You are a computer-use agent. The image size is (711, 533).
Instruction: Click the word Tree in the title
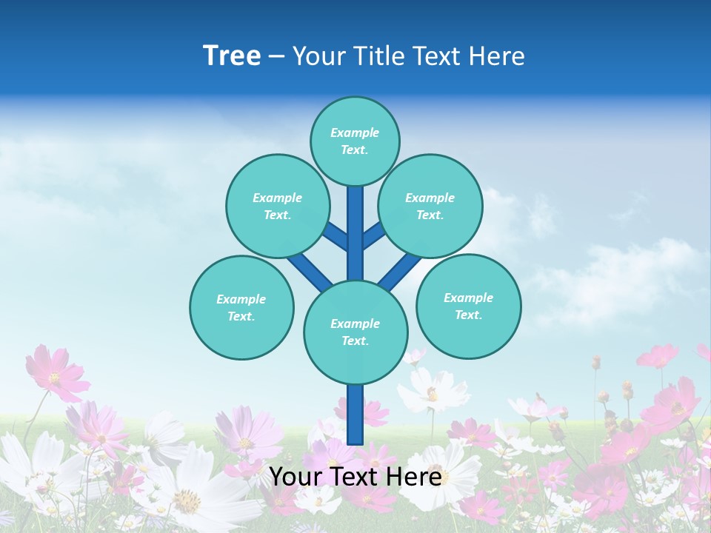(x=232, y=56)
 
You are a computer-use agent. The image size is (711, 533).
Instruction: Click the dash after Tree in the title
(x=276, y=57)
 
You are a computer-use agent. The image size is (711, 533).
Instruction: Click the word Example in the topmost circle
(x=355, y=133)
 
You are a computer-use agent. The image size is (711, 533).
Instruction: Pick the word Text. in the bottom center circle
(x=355, y=341)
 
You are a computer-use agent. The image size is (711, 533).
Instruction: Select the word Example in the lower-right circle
(x=468, y=298)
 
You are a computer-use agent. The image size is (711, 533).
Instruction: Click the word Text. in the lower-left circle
(x=241, y=317)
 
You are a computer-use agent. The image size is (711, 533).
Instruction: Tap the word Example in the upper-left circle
(x=277, y=198)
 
